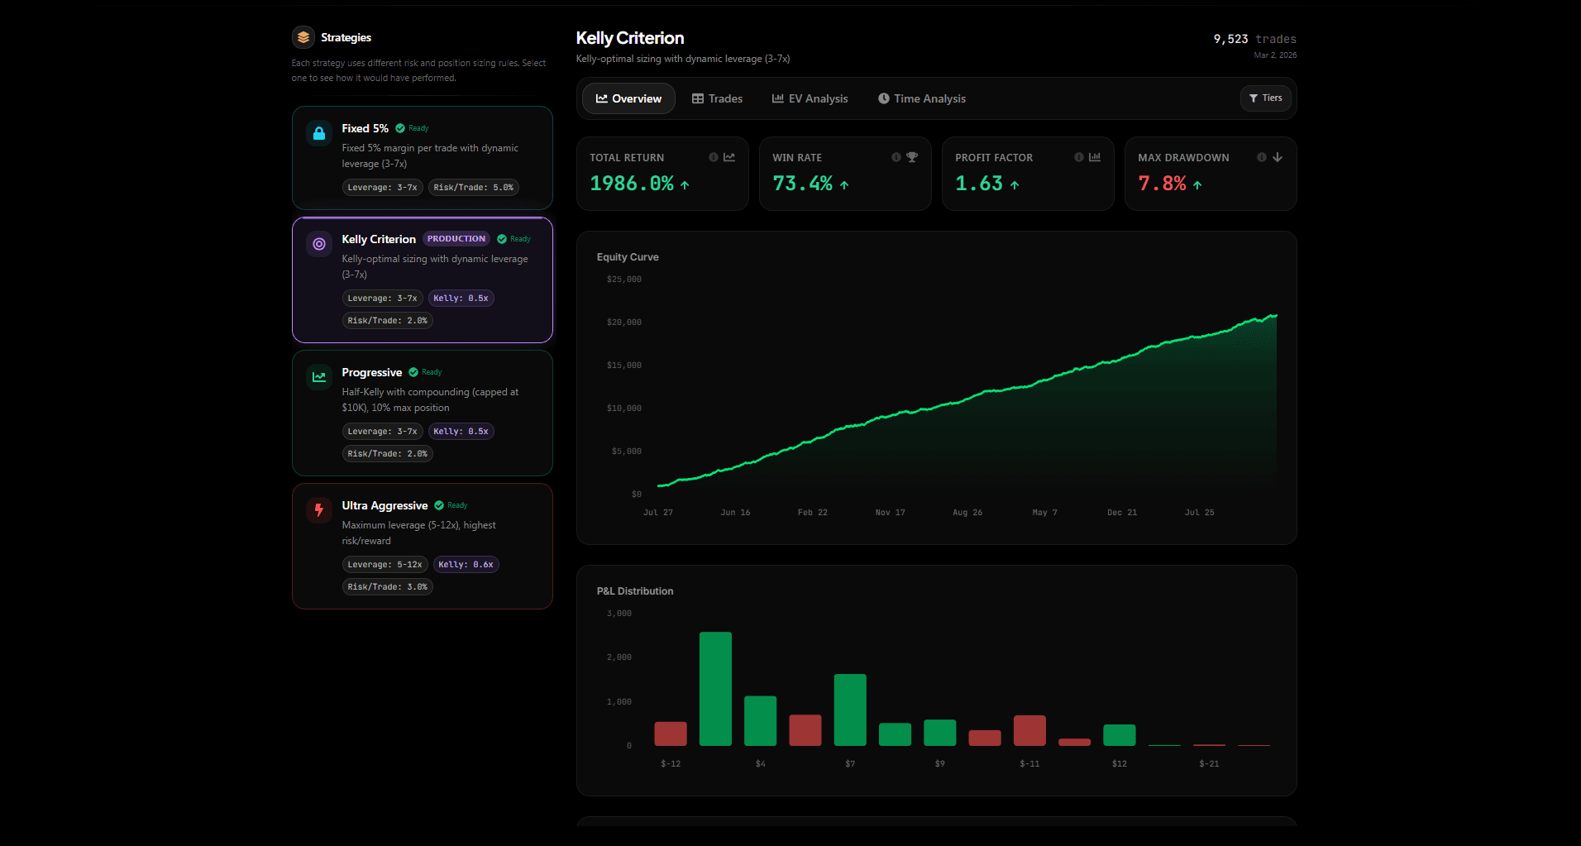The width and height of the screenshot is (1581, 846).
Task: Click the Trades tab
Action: [717, 98]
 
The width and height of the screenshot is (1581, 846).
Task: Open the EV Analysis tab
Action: [810, 98]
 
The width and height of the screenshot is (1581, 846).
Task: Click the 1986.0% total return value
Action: [632, 184]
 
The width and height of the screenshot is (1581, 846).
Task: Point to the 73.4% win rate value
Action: [802, 184]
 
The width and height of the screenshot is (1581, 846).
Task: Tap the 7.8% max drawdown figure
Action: [1162, 184]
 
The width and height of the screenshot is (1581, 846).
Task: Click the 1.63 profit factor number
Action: [979, 184]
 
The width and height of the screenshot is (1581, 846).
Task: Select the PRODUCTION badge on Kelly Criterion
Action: [456, 239]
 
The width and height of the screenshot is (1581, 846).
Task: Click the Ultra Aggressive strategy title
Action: [385, 505]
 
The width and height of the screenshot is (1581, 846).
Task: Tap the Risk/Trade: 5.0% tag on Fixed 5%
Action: [473, 188]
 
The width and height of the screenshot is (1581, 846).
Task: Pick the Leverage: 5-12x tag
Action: [385, 565]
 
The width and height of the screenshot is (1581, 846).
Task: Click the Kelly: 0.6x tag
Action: [466, 565]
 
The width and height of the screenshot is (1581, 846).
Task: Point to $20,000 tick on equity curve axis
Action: [623, 323]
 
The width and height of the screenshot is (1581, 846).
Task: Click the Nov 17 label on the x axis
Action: [890, 513]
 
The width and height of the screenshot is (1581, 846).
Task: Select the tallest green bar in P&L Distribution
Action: [715, 688]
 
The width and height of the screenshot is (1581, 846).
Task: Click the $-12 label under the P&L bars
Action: [671, 764]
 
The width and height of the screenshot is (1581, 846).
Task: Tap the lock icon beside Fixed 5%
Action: [319, 133]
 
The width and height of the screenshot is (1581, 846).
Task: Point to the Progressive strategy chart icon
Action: [319, 377]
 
